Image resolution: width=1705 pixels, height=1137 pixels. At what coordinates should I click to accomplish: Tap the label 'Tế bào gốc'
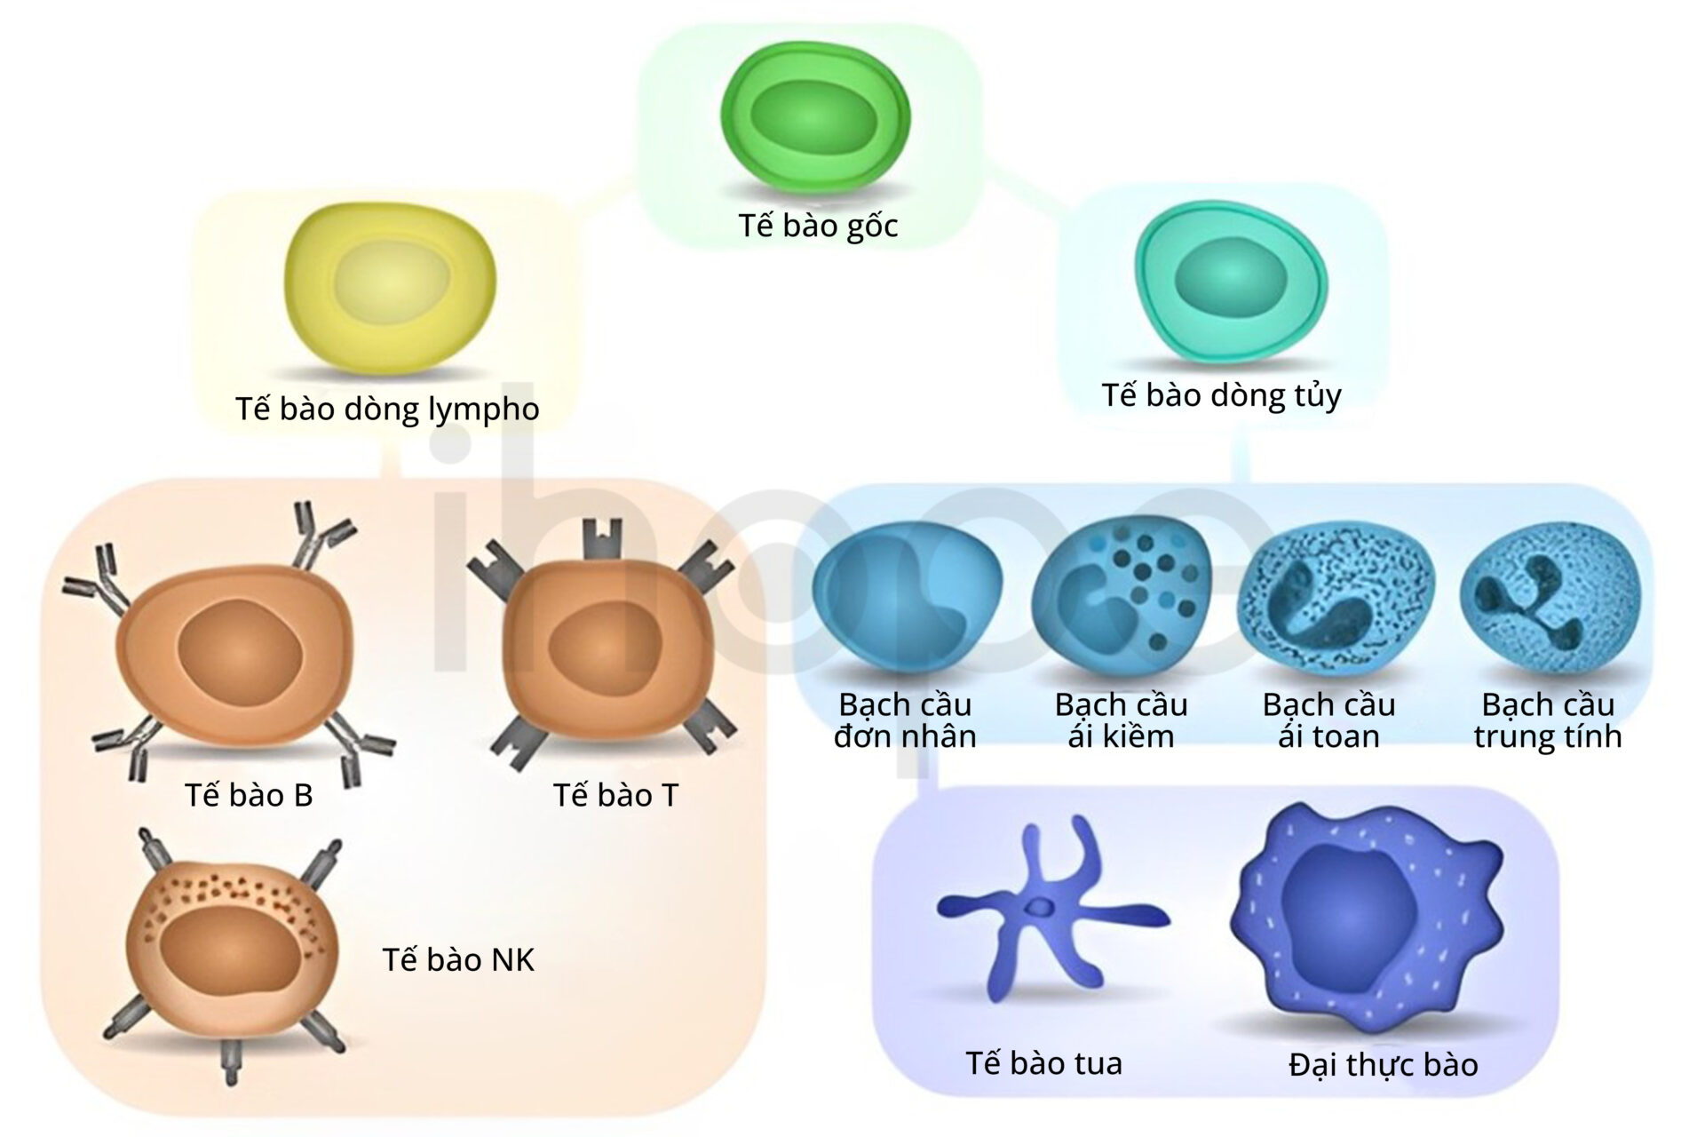point(818,226)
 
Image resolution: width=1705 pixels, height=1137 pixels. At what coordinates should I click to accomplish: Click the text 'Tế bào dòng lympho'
point(387,409)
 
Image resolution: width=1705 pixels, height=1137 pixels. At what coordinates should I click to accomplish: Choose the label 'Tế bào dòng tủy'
point(1221,395)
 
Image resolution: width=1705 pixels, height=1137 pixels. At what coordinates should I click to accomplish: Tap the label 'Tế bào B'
point(249,794)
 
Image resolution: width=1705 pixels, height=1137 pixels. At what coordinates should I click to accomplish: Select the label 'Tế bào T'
point(615,794)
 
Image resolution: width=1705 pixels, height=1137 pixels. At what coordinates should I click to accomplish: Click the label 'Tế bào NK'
point(458,959)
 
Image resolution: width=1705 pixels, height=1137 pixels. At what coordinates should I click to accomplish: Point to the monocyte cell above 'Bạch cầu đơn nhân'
point(906,605)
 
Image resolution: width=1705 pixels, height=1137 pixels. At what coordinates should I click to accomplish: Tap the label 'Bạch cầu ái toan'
point(1328,720)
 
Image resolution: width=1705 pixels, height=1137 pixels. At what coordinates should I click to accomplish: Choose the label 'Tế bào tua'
point(1043,1062)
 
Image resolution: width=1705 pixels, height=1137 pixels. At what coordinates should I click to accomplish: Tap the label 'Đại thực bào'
point(1383,1064)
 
